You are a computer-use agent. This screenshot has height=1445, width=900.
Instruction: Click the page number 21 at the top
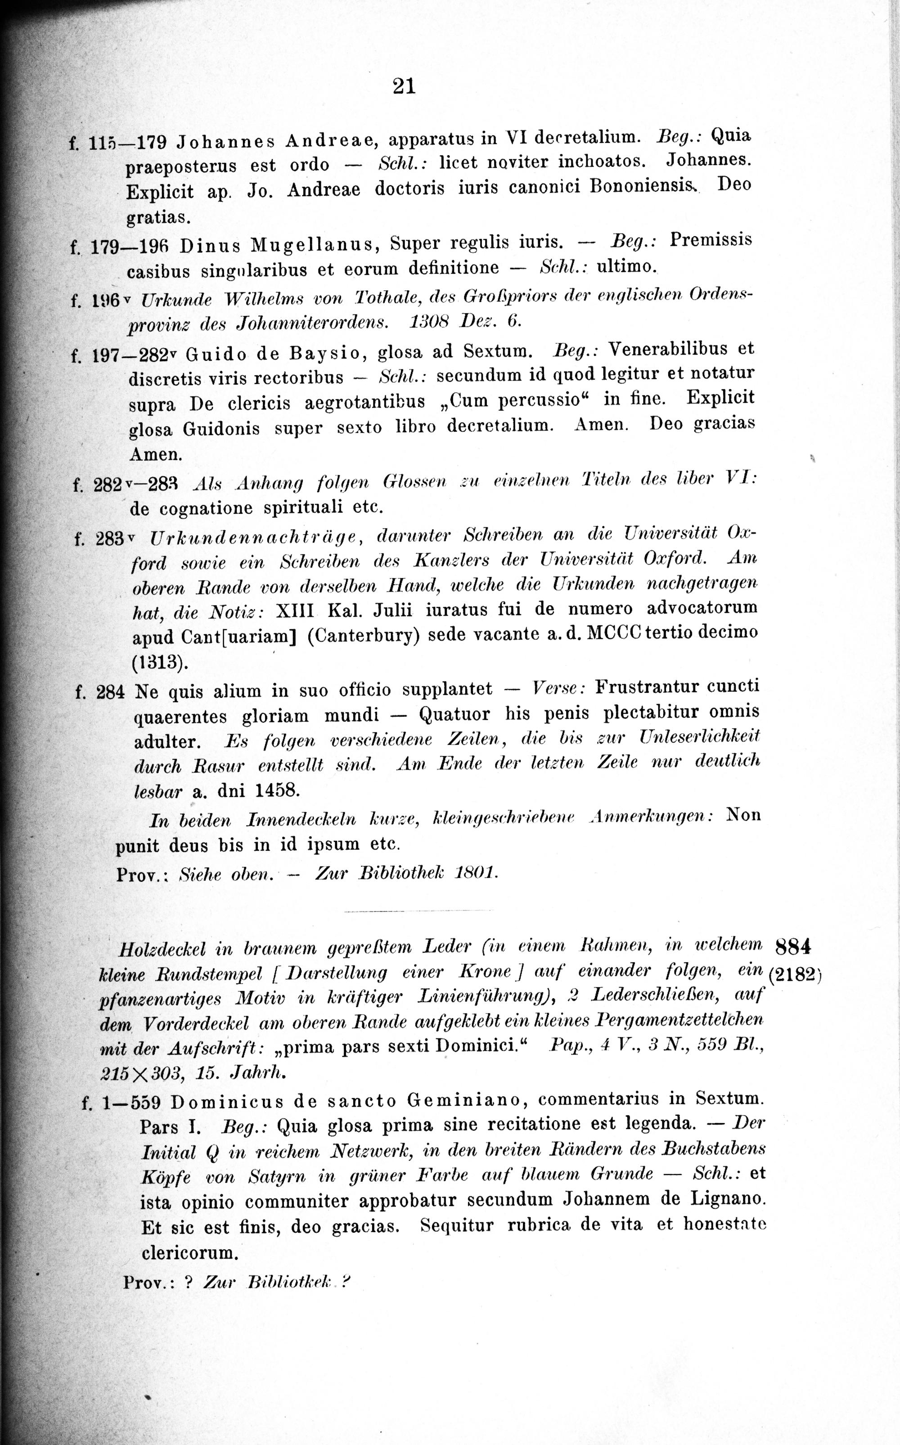pos(404,87)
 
